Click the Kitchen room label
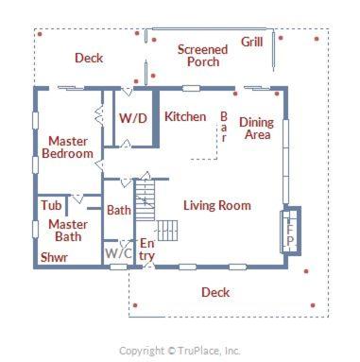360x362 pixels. click(x=185, y=116)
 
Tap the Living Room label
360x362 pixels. click(x=217, y=205)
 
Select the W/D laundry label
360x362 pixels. click(x=133, y=118)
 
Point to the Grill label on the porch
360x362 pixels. click(x=252, y=42)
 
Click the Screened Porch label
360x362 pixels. click(x=202, y=56)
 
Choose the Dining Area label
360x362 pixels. click(x=256, y=129)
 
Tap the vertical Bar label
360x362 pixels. click(x=224, y=127)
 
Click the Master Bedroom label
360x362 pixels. click(x=68, y=147)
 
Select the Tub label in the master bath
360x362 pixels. click(x=51, y=205)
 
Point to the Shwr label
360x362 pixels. click(x=54, y=257)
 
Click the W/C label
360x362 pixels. click(x=118, y=253)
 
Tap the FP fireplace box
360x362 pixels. click(x=290, y=231)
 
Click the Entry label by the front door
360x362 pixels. click(x=147, y=250)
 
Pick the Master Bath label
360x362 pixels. click(x=68, y=231)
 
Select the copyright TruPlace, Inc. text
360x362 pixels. click(x=180, y=351)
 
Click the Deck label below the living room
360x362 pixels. click(x=215, y=292)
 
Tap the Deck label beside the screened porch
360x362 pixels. click(x=89, y=58)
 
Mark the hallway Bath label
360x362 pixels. click(x=119, y=210)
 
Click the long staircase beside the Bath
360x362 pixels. click(x=145, y=199)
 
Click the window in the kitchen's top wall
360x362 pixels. click(x=191, y=88)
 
